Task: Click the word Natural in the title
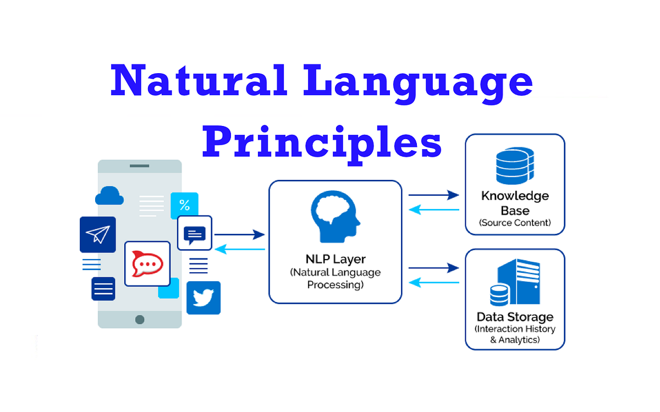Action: click(199, 80)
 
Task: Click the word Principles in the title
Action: click(322, 145)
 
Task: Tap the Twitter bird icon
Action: click(204, 298)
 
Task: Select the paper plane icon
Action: click(98, 234)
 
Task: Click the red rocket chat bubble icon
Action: click(147, 264)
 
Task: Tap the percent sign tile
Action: click(184, 205)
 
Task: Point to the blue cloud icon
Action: click(109, 195)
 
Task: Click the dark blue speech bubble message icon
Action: click(195, 233)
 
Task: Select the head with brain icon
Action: click(335, 217)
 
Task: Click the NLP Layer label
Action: click(335, 259)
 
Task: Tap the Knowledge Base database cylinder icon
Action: click(515, 166)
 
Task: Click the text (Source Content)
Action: click(515, 223)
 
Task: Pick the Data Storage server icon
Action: click(515, 282)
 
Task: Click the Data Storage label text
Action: click(515, 317)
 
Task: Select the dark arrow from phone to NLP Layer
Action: click(240, 234)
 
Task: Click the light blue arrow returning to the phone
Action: click(240, 249)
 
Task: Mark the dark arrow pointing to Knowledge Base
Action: click(434, 195)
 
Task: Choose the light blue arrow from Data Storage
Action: click(434, 282)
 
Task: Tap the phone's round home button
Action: click(140, 320)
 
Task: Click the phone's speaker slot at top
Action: click(139, 166)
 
